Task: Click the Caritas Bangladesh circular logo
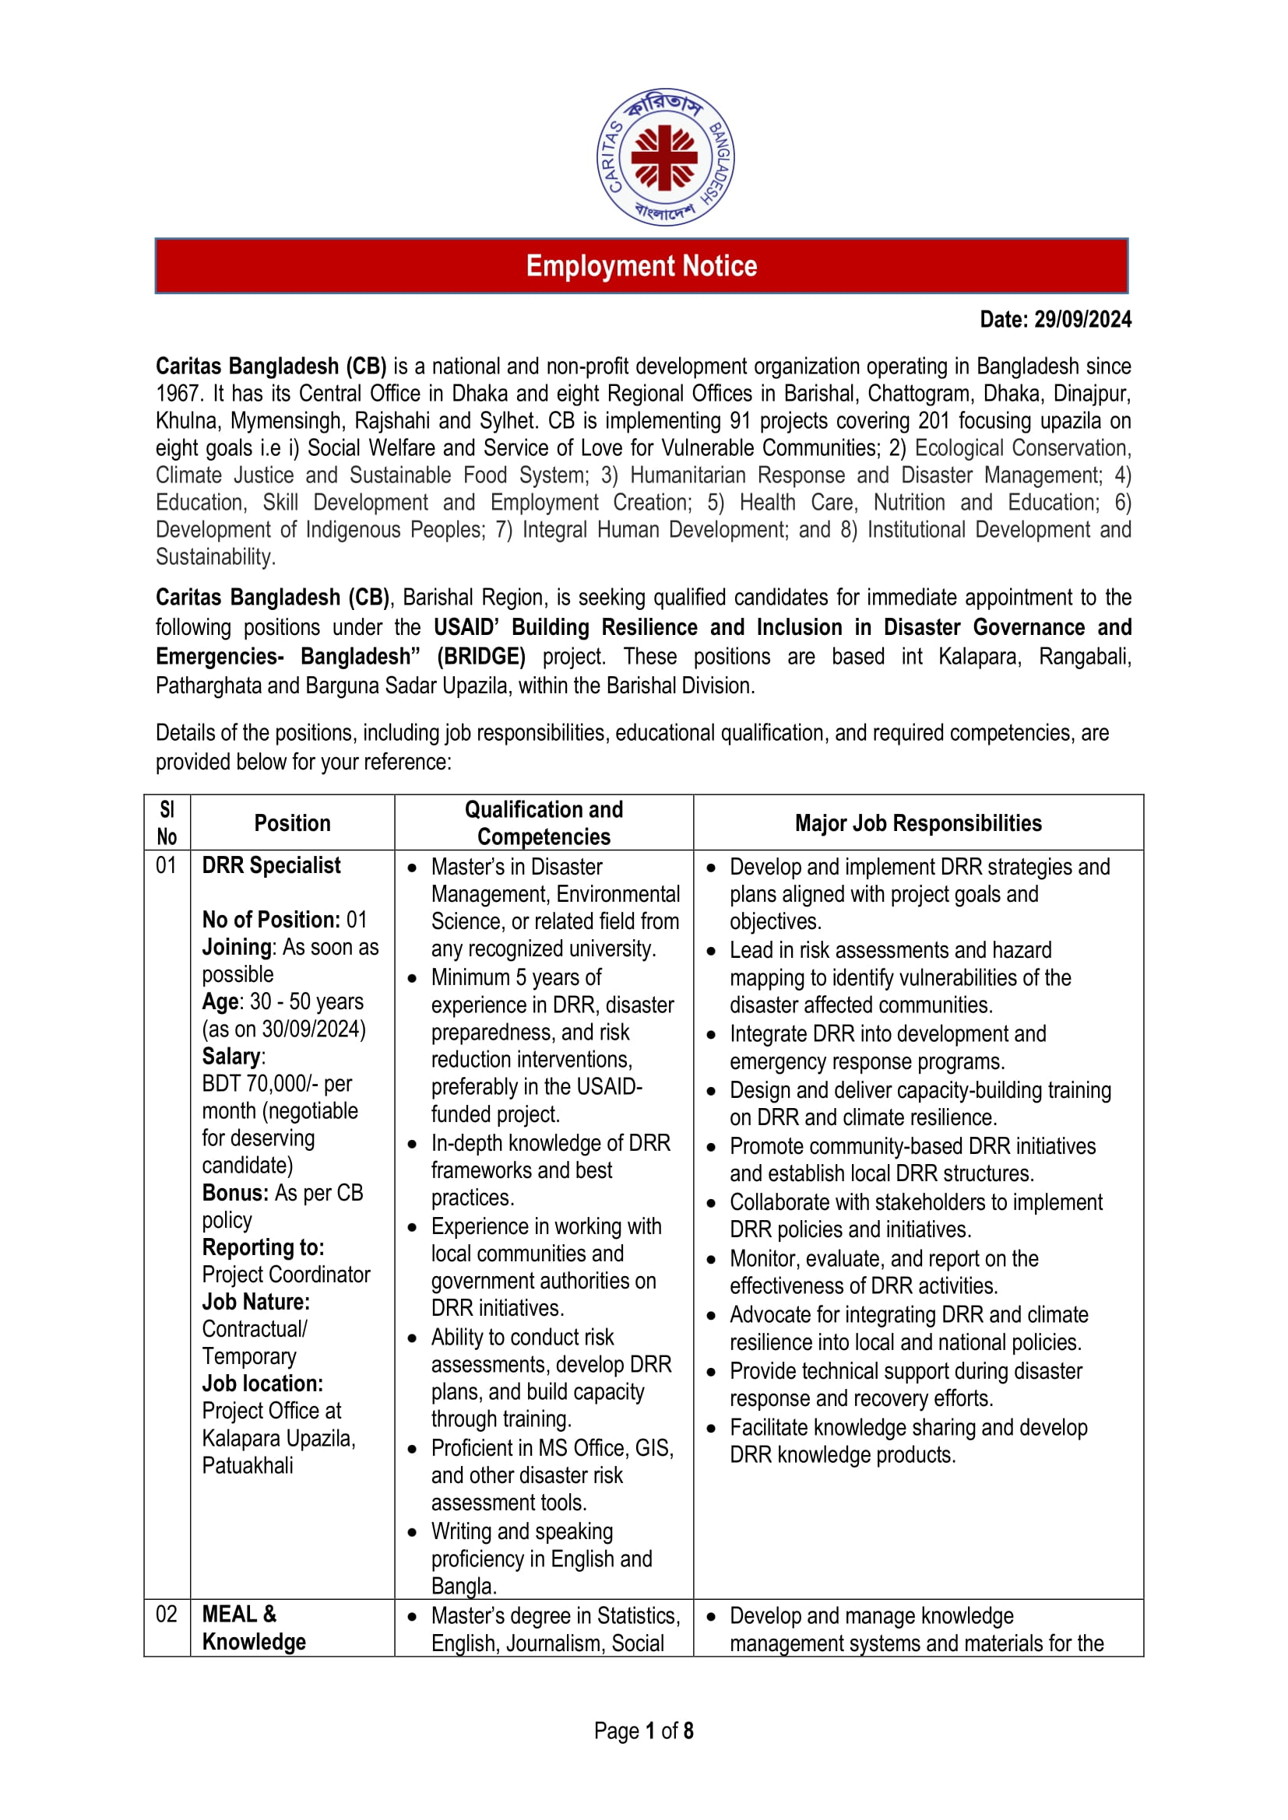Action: tap(664, 157)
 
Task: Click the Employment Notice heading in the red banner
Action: tap(642, 266)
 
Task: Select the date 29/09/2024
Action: tap(1082, 320)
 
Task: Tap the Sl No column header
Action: tap(167, 822)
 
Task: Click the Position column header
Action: tap(292, 822)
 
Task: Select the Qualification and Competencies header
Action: tap(544, 822)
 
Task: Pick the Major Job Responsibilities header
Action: tap(917, 822)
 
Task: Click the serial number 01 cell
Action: tap(167, 864)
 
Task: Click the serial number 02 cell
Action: tap(167, 1614)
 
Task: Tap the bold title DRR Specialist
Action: tap(271, 864)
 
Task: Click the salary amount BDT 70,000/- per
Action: tap(276, 1084)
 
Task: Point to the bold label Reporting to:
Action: tap(263, 1247)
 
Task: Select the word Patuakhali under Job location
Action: tap(248, 1466)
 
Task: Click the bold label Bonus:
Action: tap(235, 1193)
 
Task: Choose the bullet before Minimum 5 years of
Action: tap(412, 978)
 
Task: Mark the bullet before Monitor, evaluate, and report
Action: tap(711, 1260)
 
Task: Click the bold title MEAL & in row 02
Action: tap(240, 1614)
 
